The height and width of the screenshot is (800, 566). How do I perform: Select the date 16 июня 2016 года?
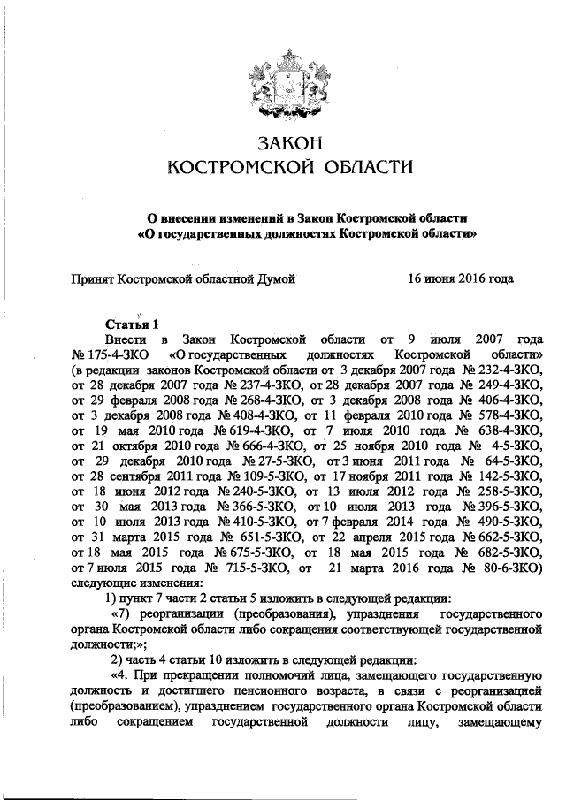[460, 278]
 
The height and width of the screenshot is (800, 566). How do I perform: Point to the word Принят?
[93, 278]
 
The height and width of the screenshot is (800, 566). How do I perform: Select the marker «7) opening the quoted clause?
[121, 614]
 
